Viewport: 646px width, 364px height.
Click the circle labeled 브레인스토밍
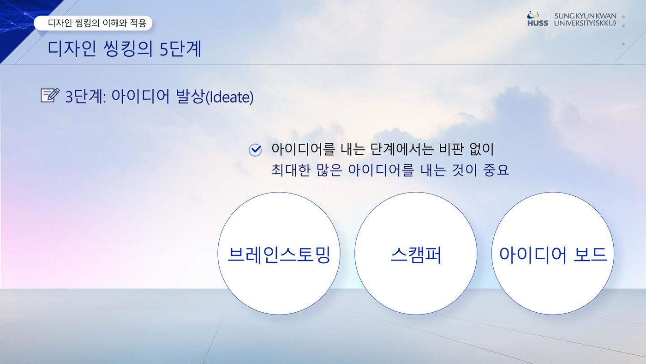point(279,254)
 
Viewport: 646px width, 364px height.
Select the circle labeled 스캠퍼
point(416,254)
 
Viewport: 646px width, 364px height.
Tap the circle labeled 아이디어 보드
point(553,254)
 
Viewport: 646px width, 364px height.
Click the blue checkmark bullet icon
point(255,150)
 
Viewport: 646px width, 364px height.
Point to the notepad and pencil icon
point(50,95)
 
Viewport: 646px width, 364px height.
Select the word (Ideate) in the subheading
point(229,97)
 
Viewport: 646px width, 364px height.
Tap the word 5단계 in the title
point(180,49)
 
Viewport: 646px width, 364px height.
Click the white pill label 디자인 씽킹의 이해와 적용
point(93,23)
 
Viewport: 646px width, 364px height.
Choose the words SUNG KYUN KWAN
point(585,16)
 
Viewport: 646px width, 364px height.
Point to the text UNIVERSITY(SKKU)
point(585,23)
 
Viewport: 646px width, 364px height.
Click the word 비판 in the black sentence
point(451,149)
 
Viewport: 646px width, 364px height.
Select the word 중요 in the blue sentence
point(496,170)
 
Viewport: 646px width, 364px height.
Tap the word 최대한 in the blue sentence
point(291,170)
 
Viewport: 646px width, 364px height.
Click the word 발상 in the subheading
point(190,97)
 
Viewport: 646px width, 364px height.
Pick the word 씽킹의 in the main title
point(128,49)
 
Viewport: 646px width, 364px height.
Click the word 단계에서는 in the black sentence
point(402,149)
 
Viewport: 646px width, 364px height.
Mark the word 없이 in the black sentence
point(482,149)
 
